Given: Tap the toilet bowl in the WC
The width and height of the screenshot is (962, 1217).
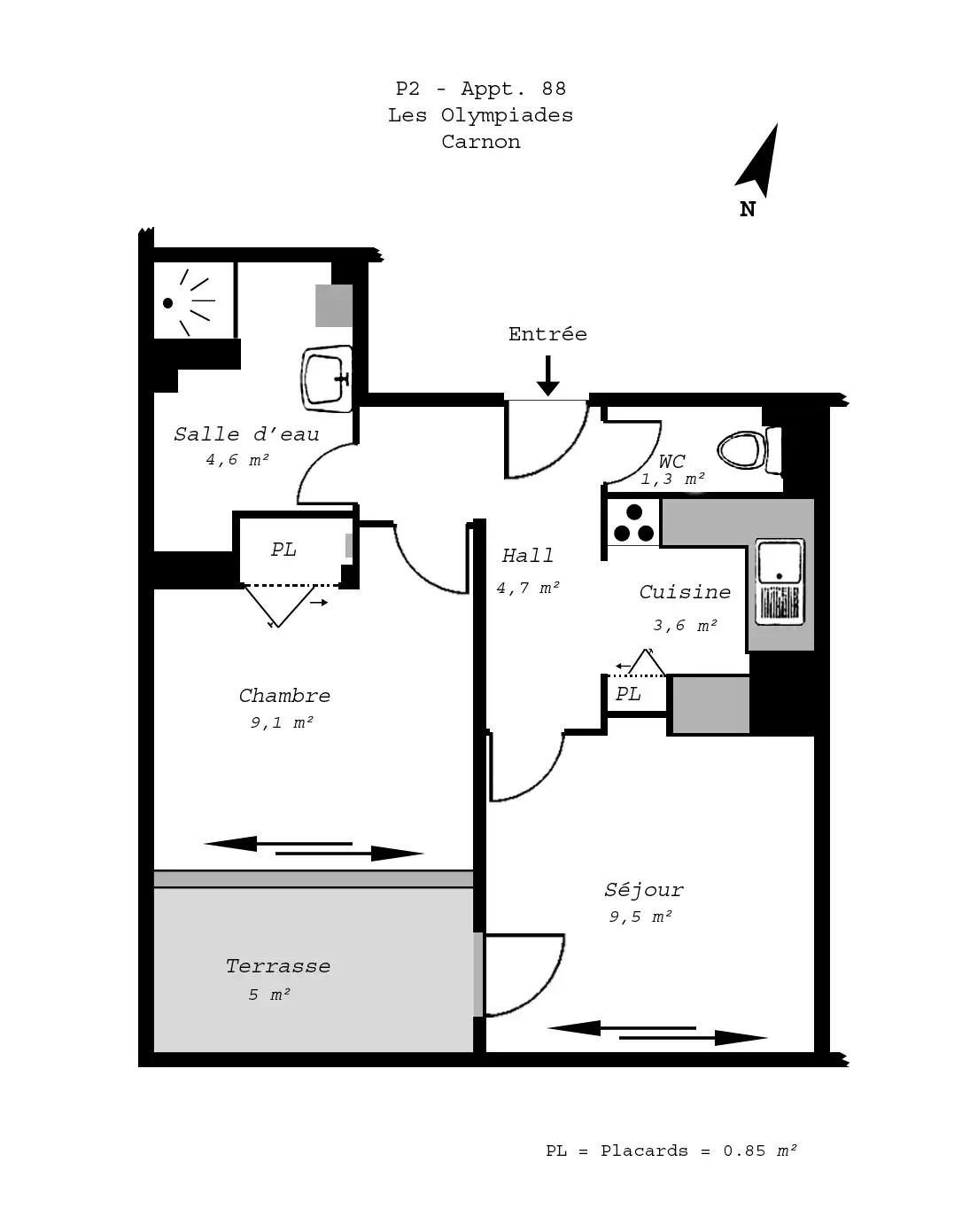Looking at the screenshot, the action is click(749, 450).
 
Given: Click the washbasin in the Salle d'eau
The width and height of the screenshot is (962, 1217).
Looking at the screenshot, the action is click(327, 378).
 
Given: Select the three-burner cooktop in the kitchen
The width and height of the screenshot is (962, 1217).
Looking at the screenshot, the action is click(633, 523).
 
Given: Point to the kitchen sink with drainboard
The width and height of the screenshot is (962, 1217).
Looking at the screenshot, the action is click(780, 582).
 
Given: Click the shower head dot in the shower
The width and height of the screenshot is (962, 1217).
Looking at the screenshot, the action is click(168, 303).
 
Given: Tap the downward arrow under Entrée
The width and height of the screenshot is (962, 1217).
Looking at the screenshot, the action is click(547, 376).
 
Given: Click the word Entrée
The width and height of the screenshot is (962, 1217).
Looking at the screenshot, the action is click(547, 333).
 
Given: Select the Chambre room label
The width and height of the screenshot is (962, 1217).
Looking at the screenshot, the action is click(284, 696).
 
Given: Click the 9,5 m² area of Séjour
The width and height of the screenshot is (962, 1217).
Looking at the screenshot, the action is click(640, 917).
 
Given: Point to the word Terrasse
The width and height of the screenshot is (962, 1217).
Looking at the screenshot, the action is click(278, 966).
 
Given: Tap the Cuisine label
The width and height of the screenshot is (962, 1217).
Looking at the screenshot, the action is click(685, 592).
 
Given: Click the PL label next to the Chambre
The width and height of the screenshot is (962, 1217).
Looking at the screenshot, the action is click(283, 550).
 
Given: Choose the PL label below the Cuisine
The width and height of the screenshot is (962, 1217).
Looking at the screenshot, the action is click(628, 694).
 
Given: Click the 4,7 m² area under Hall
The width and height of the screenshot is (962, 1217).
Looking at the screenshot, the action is click(528, 589).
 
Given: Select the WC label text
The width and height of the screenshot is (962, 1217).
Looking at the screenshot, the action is click(672, 461).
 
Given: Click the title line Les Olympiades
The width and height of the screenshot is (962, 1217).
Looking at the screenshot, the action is click(480, 115).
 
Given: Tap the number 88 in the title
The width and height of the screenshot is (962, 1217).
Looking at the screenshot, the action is click(554, 89).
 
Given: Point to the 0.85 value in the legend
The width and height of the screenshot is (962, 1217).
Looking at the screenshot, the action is click(744, 1151).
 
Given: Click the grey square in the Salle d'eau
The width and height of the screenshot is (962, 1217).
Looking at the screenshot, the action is click(334, 306).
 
